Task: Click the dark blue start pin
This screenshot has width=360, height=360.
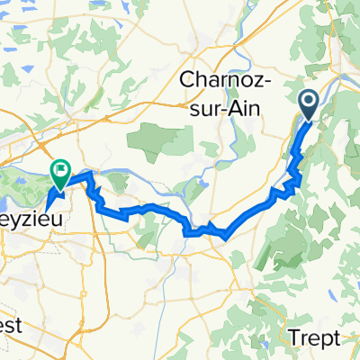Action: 308,105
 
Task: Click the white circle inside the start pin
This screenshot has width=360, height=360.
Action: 308,102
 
